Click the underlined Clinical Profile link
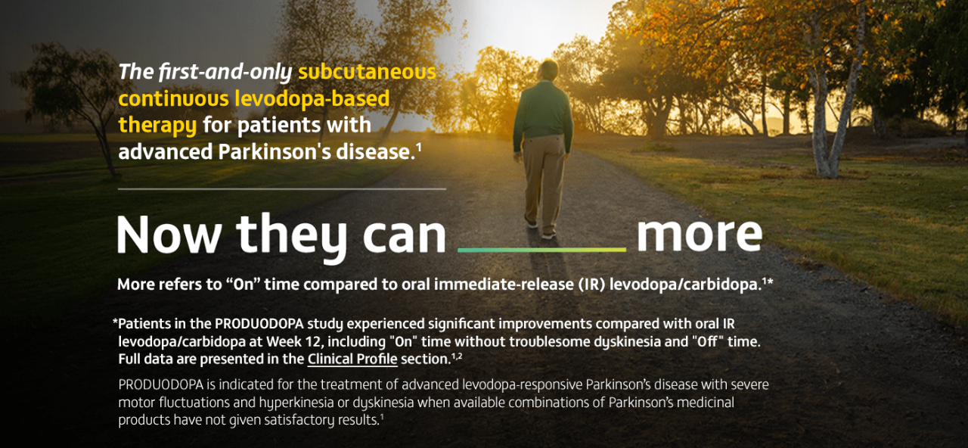click(x=352, y=359)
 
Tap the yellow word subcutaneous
click(x=368, y=72)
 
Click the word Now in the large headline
click(x=169, y=235)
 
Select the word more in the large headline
click(x=700, y=235)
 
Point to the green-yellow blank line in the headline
click(x=542, y=250)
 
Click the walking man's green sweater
click(x=543, y=114)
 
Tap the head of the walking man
click(x=548, y=70)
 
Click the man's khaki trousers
click(x=544, y=179)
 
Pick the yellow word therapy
click(x=157, y=126)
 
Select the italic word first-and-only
click(x=225, y=72)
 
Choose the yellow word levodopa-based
click(x=312, y=98)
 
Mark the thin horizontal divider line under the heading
click(x=282, y=189)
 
